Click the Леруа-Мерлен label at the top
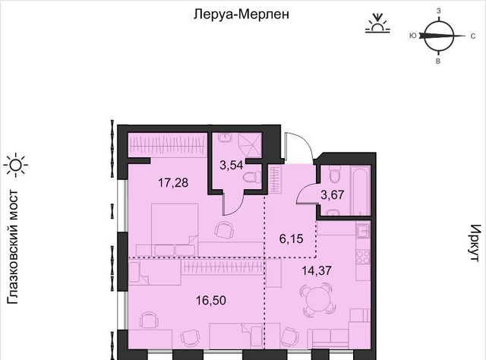(x=241, y=14)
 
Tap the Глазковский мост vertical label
(x=13, y=247)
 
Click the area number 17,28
(x=173, y=183)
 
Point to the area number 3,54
(x=231, y=166)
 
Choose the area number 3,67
(x=333, y=194)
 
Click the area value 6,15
(x=292, y=239)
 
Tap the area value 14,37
(x=317, y=270)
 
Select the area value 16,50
(x=211, y=300)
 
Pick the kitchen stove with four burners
(x=363, y=257)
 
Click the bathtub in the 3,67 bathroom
(x=360, y=191)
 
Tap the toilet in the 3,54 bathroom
(x=251, y=178)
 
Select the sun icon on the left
(x=16, y=166)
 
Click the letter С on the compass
(x=473, y=36)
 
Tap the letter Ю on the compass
(x=413, y=36)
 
